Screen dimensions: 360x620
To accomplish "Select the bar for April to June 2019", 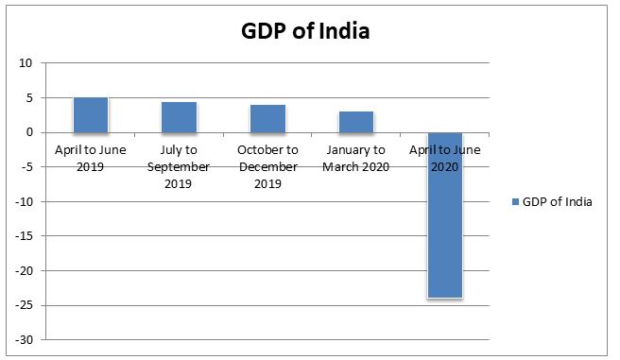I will (x=91, y=114).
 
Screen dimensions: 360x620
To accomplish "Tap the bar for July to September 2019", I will (x=180, y=116).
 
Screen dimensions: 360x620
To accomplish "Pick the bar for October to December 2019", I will (x=267, y=118).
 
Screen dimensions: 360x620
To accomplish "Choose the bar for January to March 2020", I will (x=356, y=121).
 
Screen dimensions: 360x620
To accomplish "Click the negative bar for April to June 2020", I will (x=444, y=214).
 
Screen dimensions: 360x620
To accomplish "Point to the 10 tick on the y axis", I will (x=26, y=63).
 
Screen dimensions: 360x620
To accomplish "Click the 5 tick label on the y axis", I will (x=28, y=98).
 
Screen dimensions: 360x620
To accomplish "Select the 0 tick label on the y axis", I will (x=28, y=132).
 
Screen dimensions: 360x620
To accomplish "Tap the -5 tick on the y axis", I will (x=26, y=167).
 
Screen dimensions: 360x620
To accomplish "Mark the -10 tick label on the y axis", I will (x=24, y=201).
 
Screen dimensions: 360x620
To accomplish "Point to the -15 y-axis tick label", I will (x=24, y=236).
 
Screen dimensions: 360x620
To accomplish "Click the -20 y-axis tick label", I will (x=24, y=270).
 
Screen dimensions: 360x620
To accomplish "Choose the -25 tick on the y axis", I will (x=24, y=305).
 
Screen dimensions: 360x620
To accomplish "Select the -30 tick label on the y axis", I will (x=24, y=339).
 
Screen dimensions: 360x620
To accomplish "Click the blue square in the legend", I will (x=514, y=201).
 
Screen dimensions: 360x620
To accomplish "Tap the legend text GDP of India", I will (x=557, y=201).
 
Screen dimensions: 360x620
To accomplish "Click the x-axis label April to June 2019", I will (x=91, y=158).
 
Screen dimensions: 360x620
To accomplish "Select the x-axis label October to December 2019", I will (x=267, y=166).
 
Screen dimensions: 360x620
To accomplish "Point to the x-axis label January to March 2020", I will (x=356, y=158).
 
